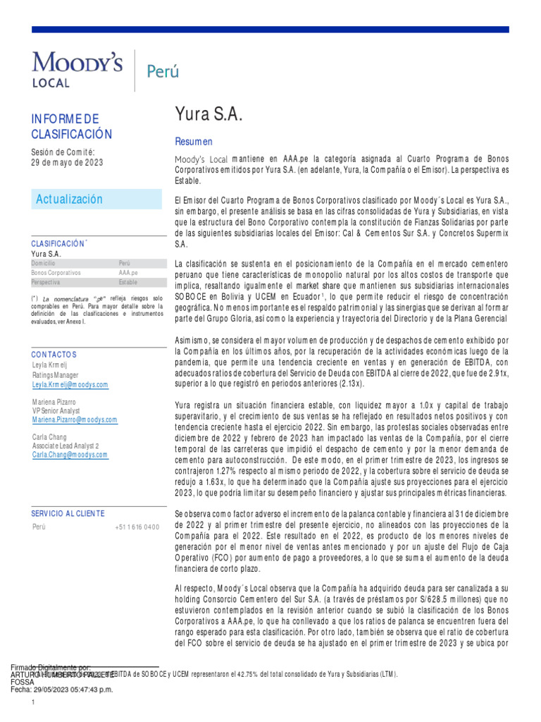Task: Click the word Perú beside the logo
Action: coord(162,71)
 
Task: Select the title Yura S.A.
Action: coord(209,115)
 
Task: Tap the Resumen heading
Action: coord(194,142)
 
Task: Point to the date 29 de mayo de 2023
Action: coord(67,162)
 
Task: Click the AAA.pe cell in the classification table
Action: coord(128,272)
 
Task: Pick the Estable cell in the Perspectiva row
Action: coord(128,282)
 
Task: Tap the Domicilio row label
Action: coord(44,262)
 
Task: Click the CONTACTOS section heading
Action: coord(54,354)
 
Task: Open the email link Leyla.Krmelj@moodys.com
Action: coord(70,385)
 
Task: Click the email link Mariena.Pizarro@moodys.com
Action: coord(75,420)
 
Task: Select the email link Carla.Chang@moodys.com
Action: coord(70,455)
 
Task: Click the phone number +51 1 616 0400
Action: coord(137,527)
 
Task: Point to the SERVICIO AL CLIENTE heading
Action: coord(68,513)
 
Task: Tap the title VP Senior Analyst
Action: coord(56,410)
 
